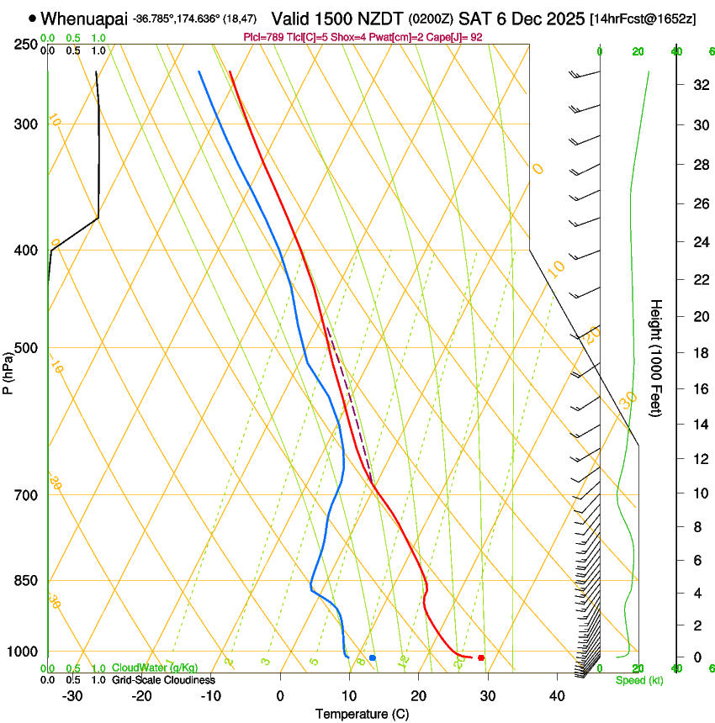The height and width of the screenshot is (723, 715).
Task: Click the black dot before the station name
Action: click(x=32, y=18)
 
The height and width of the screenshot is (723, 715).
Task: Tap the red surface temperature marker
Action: click(x=480, y=657)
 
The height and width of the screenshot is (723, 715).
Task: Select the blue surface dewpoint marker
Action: click(x=373, y=657)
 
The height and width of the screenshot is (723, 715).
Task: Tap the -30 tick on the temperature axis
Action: click(x=71, y=696)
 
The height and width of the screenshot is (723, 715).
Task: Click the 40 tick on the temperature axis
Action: click(x=556, y=696)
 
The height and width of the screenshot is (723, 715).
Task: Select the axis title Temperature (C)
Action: click(x=362, y=715)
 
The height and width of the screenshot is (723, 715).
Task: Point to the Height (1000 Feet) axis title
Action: click(x=657, y=357)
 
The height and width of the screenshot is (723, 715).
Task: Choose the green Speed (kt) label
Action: click(x=638, y=680)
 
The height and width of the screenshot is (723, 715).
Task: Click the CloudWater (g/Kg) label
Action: click(x=155, y=668)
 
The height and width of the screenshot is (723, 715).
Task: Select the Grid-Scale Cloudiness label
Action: click(x=163, y=680)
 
